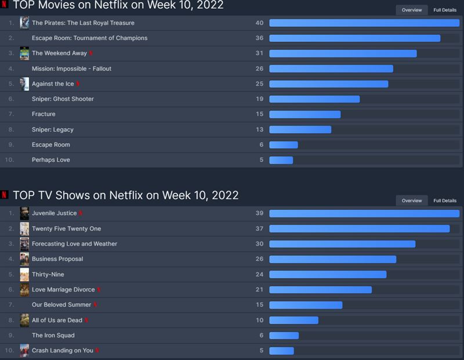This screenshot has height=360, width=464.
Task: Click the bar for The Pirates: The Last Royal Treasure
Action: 364,23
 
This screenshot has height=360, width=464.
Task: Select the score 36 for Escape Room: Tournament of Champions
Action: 259,38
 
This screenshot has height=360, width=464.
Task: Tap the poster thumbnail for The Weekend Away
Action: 24,53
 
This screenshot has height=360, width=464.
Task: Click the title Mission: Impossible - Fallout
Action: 71,68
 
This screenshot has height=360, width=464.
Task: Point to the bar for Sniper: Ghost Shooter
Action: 314,99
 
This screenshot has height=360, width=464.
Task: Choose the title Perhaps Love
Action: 50,160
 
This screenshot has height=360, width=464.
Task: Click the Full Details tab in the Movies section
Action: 445,10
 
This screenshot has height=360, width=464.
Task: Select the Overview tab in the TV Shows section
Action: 412,201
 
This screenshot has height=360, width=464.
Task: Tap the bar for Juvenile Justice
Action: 364,213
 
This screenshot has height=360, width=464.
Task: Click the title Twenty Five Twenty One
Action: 66,229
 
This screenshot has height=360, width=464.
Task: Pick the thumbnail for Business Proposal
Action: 24,259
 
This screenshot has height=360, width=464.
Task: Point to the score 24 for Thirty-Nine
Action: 259,275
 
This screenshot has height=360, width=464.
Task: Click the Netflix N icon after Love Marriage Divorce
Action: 99,289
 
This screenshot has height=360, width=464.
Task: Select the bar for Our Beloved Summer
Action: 306,305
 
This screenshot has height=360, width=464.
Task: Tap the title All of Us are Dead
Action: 57,320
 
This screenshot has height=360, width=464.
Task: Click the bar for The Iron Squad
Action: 284,336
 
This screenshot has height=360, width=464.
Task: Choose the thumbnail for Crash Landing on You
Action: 24,350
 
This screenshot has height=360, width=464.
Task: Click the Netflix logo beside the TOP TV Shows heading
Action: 5,195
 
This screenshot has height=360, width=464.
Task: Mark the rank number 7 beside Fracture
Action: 11,114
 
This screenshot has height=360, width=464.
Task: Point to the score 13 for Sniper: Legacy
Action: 259,129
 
